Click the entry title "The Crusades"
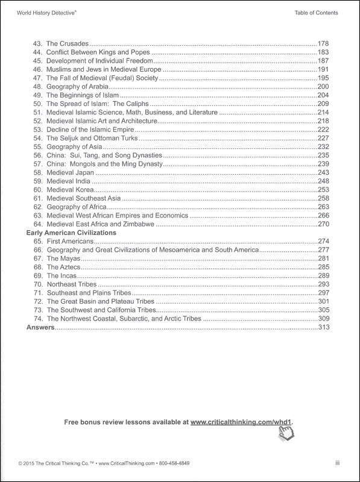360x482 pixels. [67, 44]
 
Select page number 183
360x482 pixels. [325, 52]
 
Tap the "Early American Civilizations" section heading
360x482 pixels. [71, 232]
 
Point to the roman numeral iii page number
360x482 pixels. [338, 463]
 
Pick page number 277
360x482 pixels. [325, 249]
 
